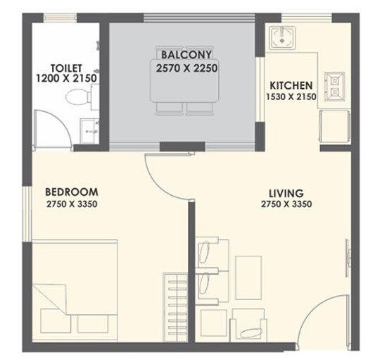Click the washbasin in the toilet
click(x=88, y=130)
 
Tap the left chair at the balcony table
click(x=168, y=107)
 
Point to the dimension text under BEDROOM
click(x=71, y=204)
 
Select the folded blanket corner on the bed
click(x=49, y=296)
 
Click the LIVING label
click(x=286, y=192)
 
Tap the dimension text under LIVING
click(x=286, y=204)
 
